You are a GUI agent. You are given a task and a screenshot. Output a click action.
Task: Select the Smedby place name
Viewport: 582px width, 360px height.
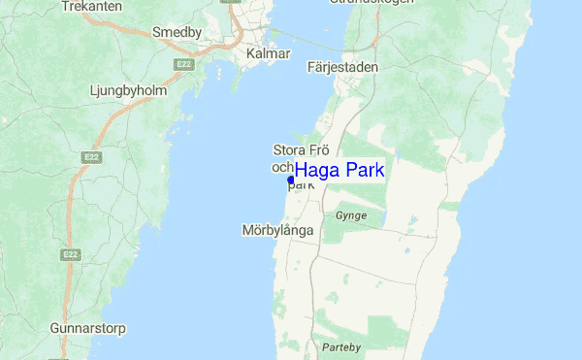click(177, 32)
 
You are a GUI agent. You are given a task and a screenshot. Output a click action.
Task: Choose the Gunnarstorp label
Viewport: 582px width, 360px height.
click(88, 328)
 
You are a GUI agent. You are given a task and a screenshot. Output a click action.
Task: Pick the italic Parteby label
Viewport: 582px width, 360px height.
click(341, 346)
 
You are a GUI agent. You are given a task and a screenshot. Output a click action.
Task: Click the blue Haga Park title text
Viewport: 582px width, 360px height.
click(339, 170)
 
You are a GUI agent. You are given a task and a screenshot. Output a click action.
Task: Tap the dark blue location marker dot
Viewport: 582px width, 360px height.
click(291, 180)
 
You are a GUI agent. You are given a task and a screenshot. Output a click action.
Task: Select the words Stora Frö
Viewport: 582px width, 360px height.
click(303, 149)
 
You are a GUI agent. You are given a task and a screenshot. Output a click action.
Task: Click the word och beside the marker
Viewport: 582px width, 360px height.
click(281, 166)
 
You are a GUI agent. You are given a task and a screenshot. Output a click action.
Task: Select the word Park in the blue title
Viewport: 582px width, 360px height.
click(365, 170)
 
